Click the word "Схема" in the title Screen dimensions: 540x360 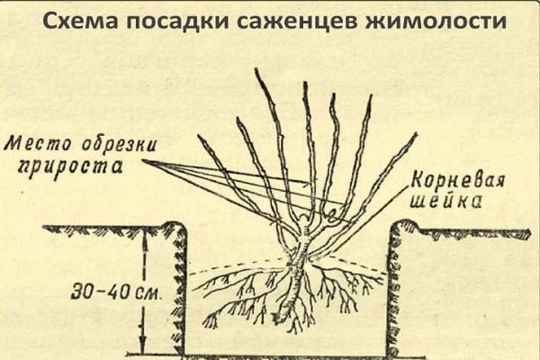pos(80,22)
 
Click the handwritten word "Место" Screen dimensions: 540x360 pos(37,144)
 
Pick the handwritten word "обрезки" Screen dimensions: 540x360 pos(118,144)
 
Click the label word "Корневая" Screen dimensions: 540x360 pos(458,182)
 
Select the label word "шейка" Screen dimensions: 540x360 pos(445,202)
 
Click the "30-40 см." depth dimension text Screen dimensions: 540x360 pos(116,292)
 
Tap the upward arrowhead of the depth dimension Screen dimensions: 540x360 pos(144,238)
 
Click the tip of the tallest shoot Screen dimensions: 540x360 pos(256,68)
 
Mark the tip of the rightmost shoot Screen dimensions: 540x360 pos(417,134)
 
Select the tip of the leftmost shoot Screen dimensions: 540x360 pos(198,135)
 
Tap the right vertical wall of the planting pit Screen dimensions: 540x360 pos(393,290)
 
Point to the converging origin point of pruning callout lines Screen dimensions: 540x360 pos(143,161)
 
